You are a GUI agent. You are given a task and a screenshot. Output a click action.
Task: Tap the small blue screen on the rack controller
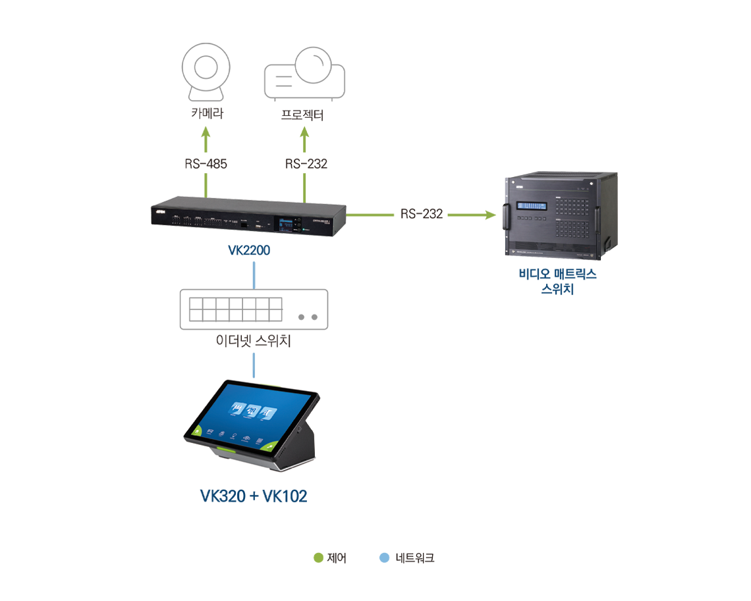pos(285,224)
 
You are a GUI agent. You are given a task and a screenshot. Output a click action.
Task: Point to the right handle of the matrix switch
pos(598,217)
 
